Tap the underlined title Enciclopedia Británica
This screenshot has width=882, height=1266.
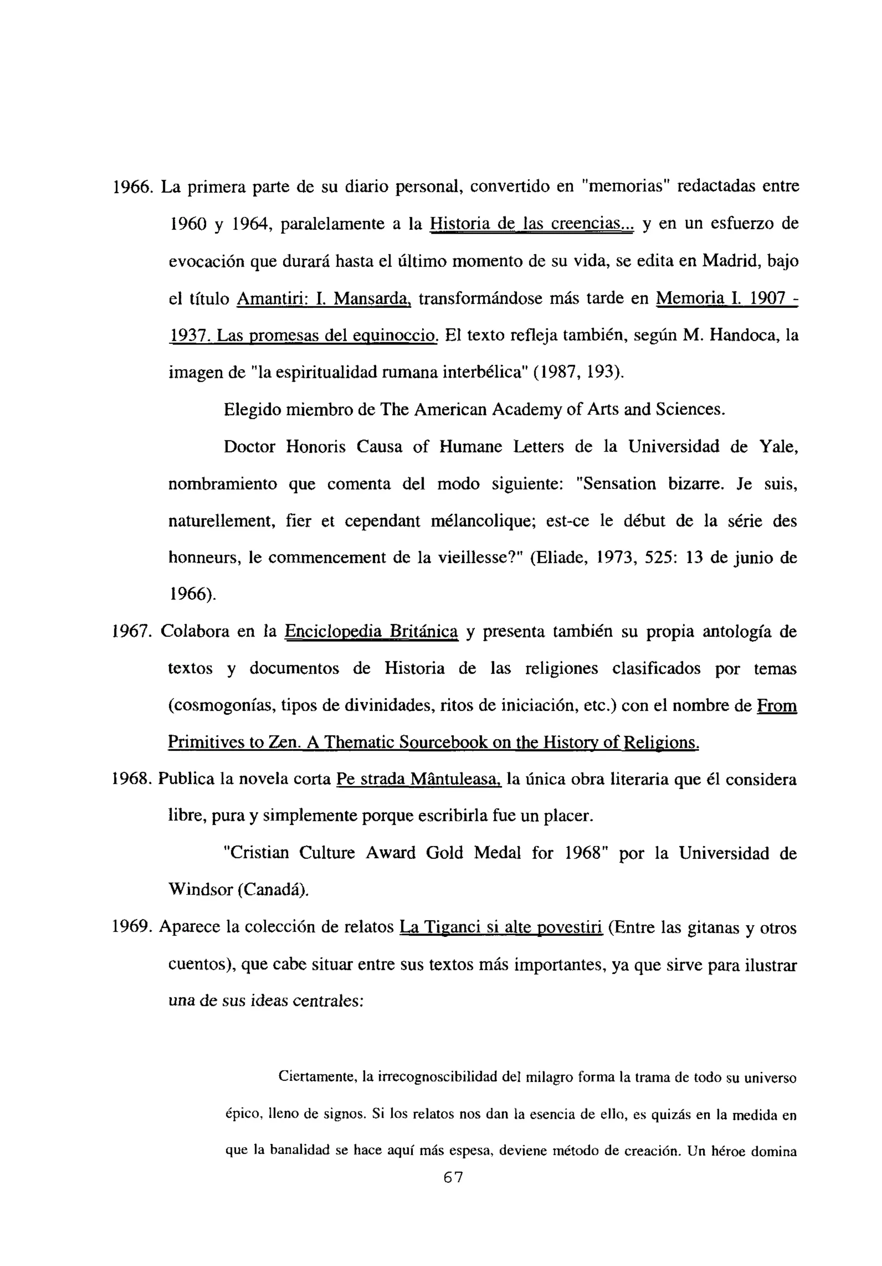click(371, 631)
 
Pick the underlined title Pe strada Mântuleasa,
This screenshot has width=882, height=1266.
click(419, 780)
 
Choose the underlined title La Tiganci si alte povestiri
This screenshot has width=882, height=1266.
click(501, 928)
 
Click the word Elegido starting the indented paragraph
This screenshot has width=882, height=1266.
click(253, 410)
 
